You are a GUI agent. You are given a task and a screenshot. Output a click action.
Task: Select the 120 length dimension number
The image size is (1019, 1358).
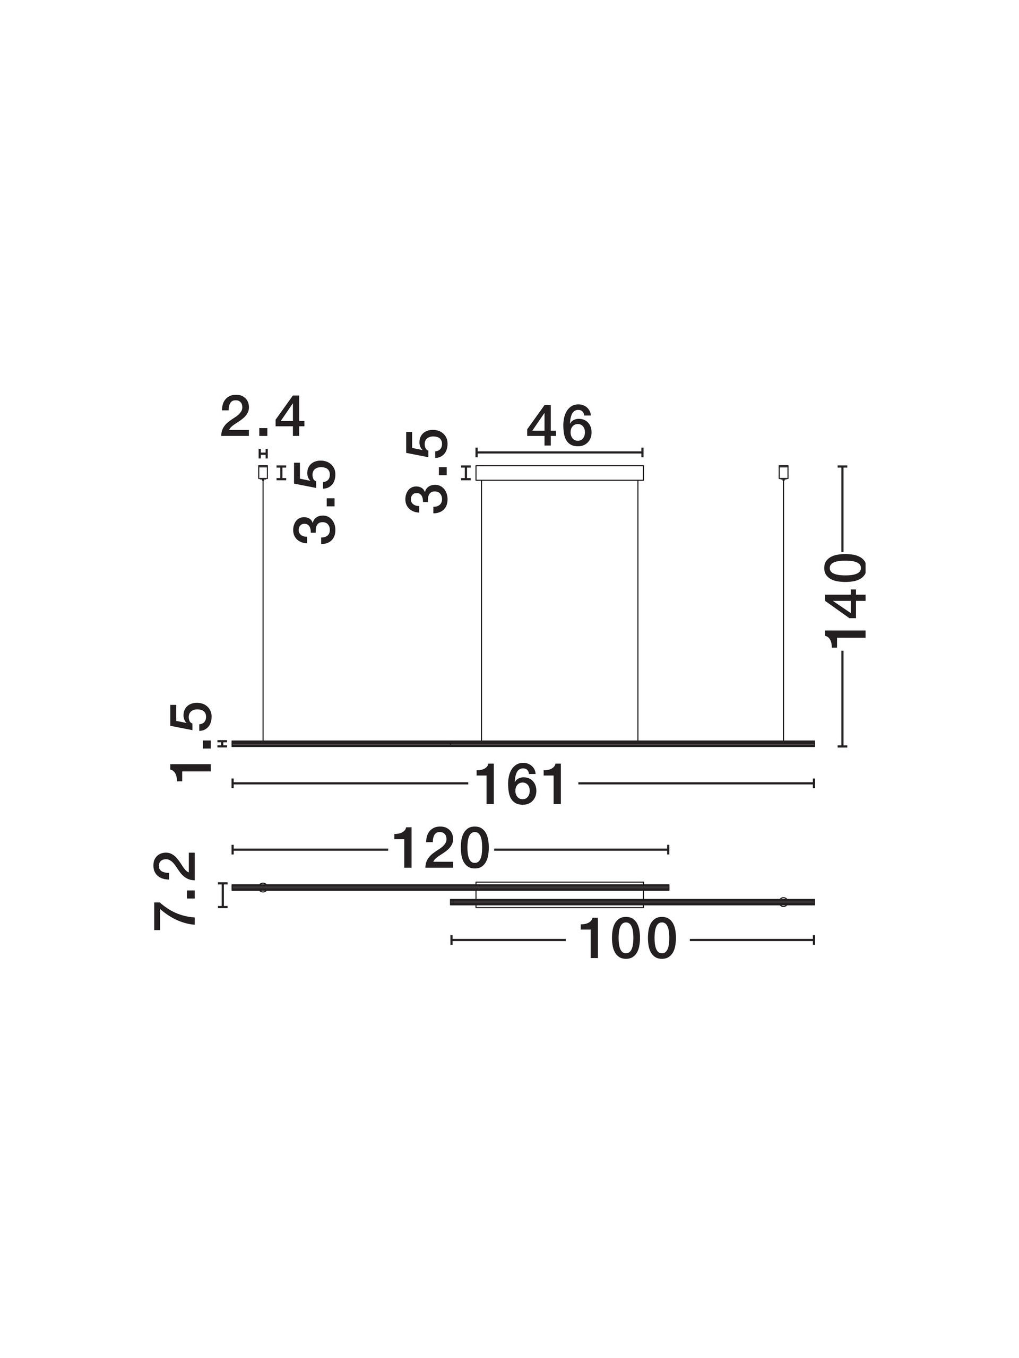(x=441, y=849)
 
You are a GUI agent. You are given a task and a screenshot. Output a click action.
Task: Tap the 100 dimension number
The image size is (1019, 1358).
(x=627, y=939)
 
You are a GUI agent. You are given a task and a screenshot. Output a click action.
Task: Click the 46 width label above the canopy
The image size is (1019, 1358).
(x=559, y=426)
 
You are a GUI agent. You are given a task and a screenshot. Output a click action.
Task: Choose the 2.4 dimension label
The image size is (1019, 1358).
(x=262, y=417)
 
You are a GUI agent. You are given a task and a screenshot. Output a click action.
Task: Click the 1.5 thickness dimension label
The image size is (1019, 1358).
(x=192, y=742)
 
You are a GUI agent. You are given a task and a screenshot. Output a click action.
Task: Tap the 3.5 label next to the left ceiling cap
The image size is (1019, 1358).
(x=315, y=502)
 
